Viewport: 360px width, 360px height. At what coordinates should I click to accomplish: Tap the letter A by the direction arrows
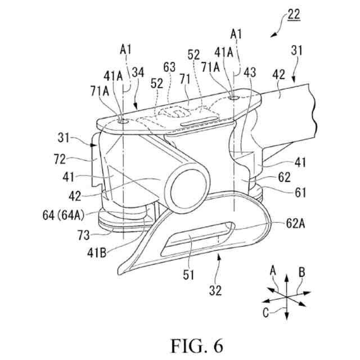click(x=273, y=271)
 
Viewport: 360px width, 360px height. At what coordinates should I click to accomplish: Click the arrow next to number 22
click(x=274, y=31)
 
